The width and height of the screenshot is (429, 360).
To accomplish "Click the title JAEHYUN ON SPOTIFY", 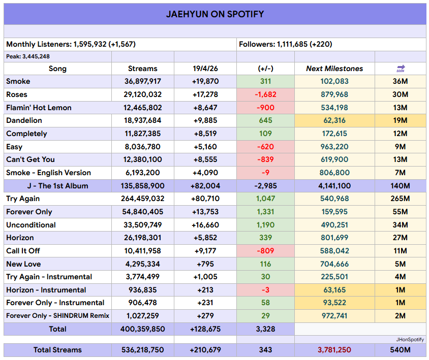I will [x=214, y=14].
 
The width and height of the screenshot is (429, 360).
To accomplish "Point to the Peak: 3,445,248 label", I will [x=28, y=56].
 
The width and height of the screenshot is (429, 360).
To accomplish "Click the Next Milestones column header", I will [x=334, y=69].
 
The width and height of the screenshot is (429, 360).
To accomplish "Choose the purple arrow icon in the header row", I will [x=401, y=68].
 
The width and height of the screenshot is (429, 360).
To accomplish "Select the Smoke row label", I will [x=18, y=81].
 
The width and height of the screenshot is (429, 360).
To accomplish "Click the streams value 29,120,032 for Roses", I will [x=143, y=94].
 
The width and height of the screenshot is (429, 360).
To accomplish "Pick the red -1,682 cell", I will [x=265, y=94].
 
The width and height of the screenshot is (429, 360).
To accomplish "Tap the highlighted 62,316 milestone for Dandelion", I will [x=334, y=120].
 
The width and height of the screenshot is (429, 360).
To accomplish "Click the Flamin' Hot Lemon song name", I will [x=39, y=108].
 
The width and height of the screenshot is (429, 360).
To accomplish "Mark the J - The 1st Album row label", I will [x=57, y=186].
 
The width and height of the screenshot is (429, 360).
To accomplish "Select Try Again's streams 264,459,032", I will [x=143, y=199].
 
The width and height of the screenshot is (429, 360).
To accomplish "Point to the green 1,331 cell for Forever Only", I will [x=265, y=212].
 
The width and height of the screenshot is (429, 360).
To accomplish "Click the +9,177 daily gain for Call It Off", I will [x=205, y=251].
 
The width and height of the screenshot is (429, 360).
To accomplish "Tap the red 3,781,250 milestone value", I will [x=334, y=350].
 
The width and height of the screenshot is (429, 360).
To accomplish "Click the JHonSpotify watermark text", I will [x=410, y=339].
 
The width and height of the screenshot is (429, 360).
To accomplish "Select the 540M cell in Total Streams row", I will [x=401, y=350].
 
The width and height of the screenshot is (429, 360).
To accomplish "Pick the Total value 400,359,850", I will [x=143, y=329].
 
